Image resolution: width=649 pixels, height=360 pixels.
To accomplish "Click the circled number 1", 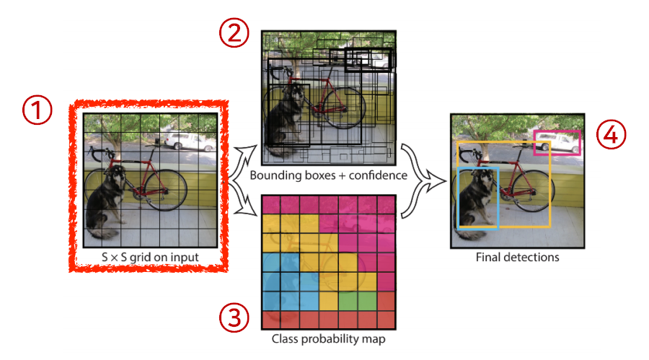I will [x=37, y=110].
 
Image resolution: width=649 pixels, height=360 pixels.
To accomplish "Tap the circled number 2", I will [x=234, y=32].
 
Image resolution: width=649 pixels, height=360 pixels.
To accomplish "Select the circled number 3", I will [x=234, y=318].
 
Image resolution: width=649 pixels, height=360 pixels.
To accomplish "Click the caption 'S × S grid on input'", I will [x=151, y=257].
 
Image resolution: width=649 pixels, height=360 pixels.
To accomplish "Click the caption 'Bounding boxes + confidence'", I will [x=328, y=175].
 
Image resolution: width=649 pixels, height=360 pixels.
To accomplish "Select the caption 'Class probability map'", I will [x=327, y=338].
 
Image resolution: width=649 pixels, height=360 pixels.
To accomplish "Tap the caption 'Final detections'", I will [x=517, y=255].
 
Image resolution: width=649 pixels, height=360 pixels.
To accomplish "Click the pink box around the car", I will [x=556, y=143].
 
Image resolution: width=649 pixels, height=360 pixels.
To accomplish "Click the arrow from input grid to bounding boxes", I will [x=243, y=154].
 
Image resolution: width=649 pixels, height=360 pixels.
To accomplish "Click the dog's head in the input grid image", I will [x=115, y=177].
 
